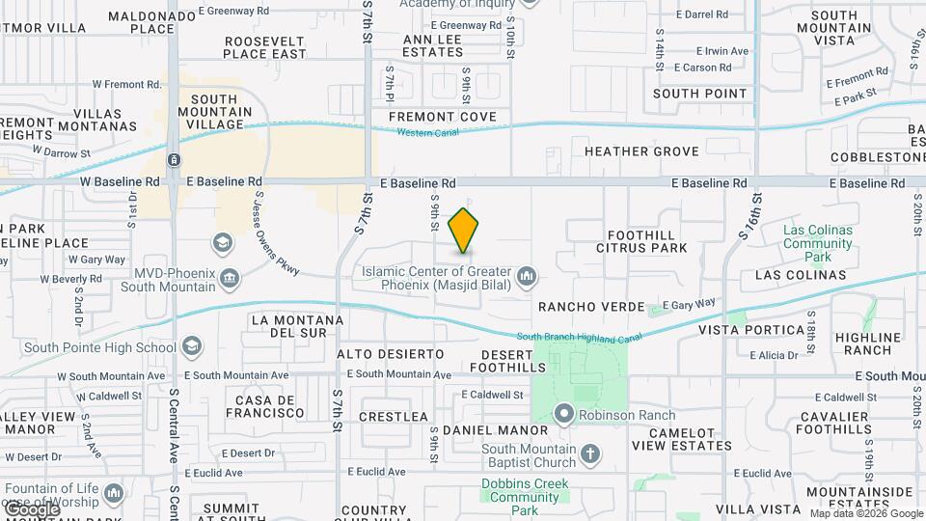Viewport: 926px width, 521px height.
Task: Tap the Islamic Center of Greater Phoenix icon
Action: coord(527,278)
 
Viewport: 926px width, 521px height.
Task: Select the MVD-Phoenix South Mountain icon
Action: coord(230,280)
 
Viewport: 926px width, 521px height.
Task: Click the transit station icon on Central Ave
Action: coord(173,159)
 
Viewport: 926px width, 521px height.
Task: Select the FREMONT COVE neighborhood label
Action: coord(443,117)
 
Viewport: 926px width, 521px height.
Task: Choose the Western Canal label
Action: coord(427,133)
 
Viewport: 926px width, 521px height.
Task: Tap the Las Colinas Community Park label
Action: coord(818,243)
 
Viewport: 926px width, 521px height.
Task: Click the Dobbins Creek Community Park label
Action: coord(522,497)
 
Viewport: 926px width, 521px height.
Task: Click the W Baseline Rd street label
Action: coord(120,181)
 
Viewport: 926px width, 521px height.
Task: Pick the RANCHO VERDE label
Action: coord(591,307)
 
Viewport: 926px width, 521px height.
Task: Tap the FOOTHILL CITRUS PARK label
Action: coord(647,241)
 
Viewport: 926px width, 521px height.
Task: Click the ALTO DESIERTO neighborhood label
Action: coord(391,354)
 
